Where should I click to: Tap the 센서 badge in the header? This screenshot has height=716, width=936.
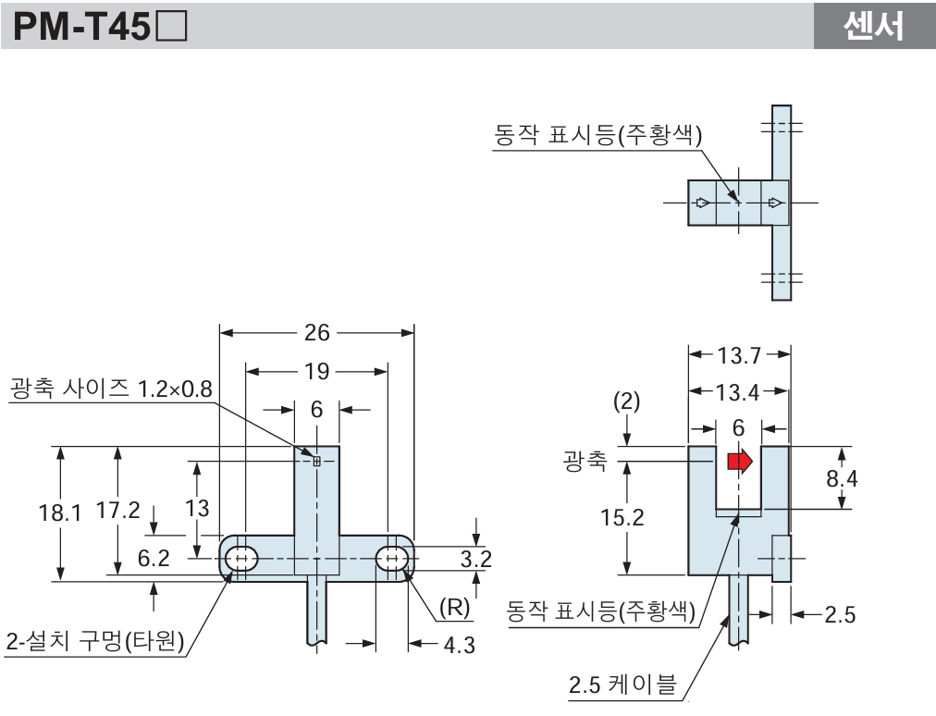[873, 26]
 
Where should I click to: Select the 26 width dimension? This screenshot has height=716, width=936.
[316, 333]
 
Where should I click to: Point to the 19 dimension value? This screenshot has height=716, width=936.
[316, 371]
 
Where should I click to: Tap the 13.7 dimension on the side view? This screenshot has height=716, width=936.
[738, 354]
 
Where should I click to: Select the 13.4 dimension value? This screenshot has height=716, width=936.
[737, 392]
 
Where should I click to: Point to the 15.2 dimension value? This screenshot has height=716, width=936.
[622, 517]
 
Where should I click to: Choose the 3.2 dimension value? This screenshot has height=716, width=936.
[475, 558]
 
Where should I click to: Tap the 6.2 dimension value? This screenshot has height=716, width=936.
[154, 557]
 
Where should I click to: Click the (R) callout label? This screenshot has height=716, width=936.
[455, 608]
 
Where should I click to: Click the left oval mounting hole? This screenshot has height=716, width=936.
[242, 559]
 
